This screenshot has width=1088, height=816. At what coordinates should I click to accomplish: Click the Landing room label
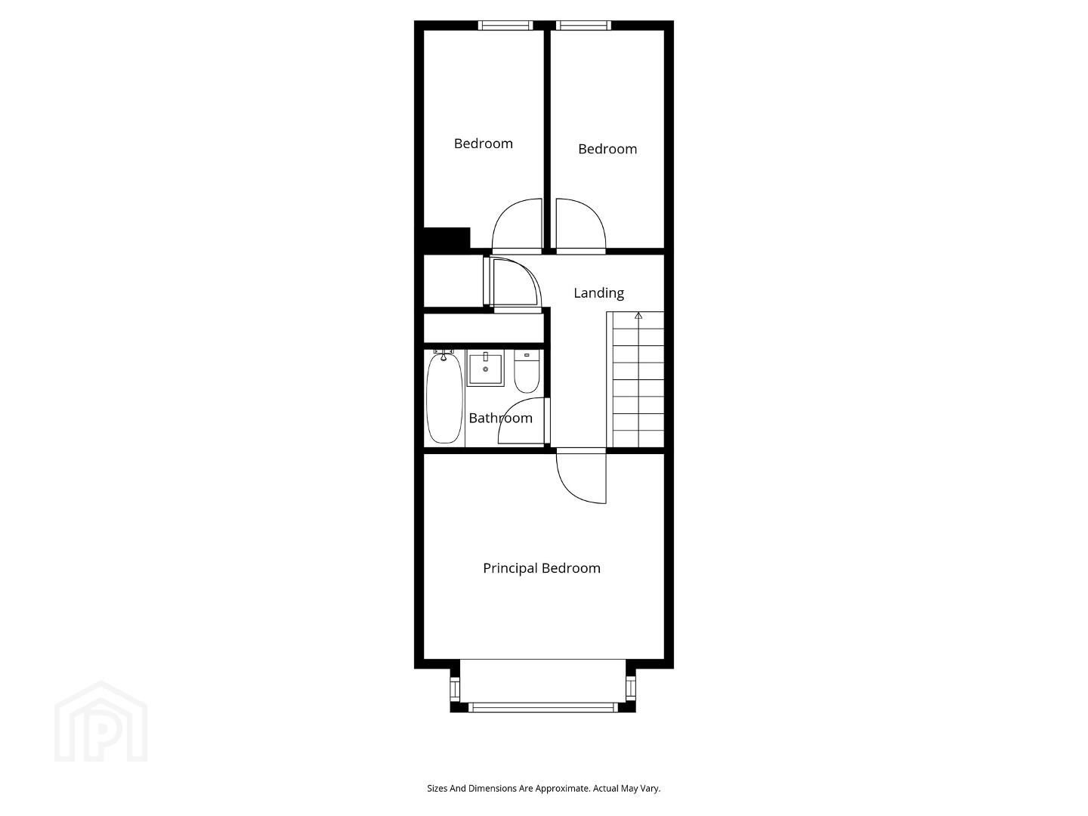coord(598,293)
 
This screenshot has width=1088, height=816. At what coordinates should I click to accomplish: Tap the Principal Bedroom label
coord(541,568)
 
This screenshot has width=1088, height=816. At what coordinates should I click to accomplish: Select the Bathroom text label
coord(500,418)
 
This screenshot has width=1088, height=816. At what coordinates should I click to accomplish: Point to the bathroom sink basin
coord(485,368)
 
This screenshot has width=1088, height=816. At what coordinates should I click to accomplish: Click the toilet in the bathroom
coord(527,371)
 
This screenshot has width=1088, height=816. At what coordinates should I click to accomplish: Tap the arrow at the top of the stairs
coord(638,316)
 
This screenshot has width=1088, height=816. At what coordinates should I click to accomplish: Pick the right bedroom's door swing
coord(594,213)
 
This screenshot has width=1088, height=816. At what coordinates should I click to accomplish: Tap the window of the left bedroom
coord(505,25)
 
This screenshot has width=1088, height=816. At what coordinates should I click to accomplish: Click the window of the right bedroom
coord(583,25)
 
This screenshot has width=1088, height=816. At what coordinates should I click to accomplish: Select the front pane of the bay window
coord(543,707)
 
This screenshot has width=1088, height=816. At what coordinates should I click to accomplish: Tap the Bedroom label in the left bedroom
coord(484,144)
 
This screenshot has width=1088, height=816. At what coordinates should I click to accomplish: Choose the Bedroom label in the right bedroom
coord(607,149)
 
